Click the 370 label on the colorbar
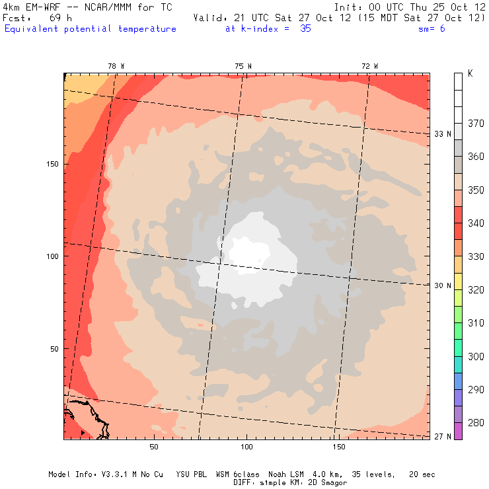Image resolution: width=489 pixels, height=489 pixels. [x=476, y=123]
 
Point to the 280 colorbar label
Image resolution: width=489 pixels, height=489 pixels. [x=476, y=423]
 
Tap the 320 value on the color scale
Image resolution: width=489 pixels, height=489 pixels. [x=476, y=289]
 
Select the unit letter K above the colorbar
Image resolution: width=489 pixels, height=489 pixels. [x=470, y=73]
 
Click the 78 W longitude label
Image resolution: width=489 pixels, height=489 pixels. [x=116, y=65]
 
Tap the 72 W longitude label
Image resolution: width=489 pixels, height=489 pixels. [x=370, y=65]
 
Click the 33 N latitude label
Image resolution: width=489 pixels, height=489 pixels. [x=442, y=134]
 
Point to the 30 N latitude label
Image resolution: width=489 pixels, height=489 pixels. [x=442, y=285]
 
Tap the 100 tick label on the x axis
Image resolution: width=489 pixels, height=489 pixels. [x=246, y=447]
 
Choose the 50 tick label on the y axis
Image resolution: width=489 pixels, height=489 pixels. [x=56, y=349]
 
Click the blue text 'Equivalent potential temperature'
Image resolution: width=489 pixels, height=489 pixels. [x=91, y=29]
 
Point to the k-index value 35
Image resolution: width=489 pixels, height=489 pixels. [x=305, y=29]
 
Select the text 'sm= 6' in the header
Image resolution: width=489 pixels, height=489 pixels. [x=432, y=29]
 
